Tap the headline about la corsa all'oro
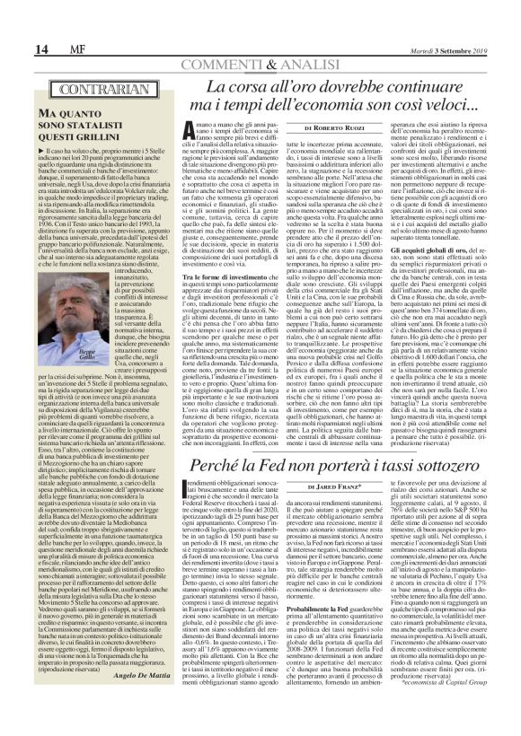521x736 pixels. tap(341, 101)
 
